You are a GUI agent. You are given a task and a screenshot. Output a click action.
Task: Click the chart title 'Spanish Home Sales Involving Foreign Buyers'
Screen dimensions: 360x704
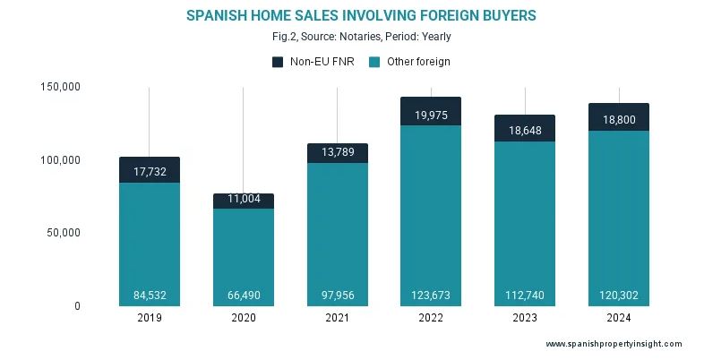[x=352, y=16]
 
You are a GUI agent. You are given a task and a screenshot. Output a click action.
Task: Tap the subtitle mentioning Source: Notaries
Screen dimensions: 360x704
[x=352, y=37]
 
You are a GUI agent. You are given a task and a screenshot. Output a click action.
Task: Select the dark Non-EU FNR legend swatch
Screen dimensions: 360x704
[x=277, y=62]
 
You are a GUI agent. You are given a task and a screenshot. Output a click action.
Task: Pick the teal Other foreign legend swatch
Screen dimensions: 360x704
[x=376, y=62]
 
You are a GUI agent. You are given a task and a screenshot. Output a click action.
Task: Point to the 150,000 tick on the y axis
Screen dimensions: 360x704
[x=60, y=87]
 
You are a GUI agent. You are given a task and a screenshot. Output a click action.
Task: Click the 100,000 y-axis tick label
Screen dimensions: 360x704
[x=60, y=160]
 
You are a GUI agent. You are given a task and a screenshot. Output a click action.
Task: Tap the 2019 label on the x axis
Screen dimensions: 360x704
[x=150, y=317]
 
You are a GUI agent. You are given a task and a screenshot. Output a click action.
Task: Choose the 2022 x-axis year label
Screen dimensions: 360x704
[x=431, y=317]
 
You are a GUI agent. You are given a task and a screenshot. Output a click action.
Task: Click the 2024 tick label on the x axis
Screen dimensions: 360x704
[x=619, y=317]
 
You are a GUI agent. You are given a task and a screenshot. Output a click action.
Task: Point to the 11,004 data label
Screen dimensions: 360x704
[x=244, y=201]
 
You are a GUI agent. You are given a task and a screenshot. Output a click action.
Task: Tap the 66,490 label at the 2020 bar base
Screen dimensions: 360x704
[x=244, y=296]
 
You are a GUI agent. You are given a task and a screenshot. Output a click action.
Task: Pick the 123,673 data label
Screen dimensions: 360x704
[x=431, y=296]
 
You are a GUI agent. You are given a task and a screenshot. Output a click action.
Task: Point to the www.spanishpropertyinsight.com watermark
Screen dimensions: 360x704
[x=614, y=344]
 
